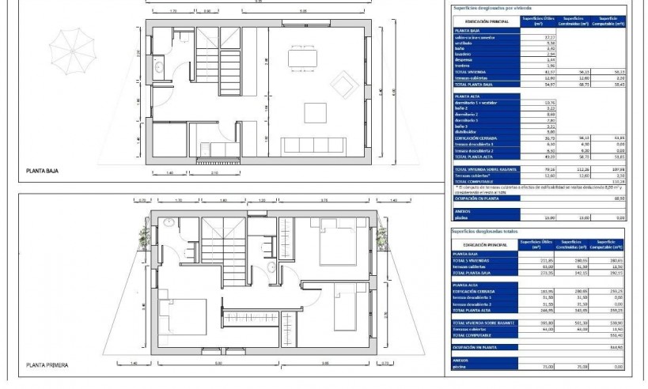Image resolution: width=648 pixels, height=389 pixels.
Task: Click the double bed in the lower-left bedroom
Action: point(184,316)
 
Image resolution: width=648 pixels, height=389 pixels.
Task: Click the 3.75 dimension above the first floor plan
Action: point(324,201)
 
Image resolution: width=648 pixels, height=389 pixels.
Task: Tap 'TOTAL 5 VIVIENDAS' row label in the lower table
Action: point(472,259)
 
